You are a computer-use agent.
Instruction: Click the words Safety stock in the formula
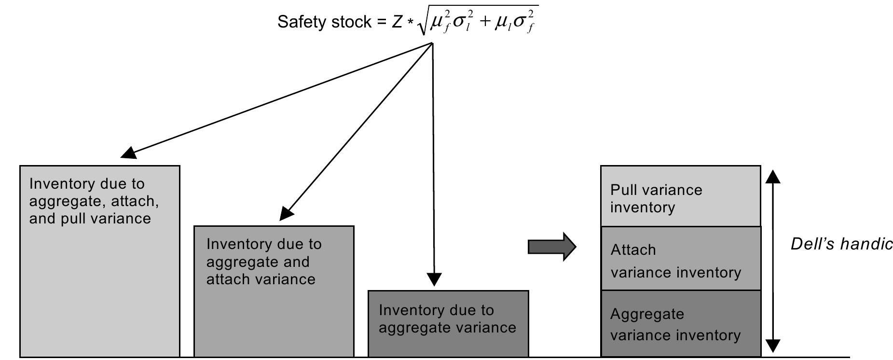pos(324,22)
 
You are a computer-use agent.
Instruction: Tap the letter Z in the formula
pos(397,22)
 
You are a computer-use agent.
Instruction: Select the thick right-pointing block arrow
pos(552,247)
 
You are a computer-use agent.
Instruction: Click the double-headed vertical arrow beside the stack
pos(773,261)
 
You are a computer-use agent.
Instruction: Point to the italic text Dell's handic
pos(841,244)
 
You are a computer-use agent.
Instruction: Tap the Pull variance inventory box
pos(680,196)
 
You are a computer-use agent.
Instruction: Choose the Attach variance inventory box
pos(680,258)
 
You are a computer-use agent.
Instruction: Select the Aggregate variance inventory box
pos(680,323)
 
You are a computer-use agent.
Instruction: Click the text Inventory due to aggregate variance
pos(447,318)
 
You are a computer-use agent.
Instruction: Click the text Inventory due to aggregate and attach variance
pos(264,262)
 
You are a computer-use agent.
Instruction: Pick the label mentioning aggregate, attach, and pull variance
pos(94,201)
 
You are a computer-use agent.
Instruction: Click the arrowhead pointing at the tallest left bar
pos(127,153)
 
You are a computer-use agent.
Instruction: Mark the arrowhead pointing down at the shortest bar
pos(434,279)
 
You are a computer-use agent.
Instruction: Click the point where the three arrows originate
pos(432,43)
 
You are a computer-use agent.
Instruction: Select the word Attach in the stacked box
pos(633,249)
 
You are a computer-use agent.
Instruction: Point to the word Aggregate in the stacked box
pos(647,314)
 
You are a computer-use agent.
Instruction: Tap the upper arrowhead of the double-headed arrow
pos(773,177)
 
